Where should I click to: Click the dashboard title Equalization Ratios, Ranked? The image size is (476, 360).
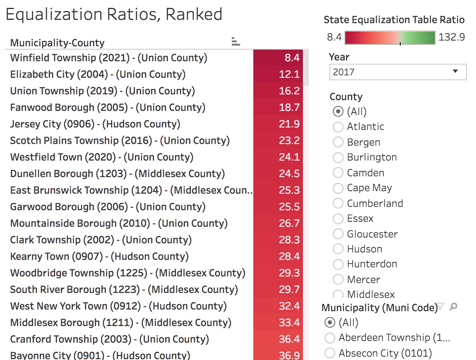(x=114, y=14)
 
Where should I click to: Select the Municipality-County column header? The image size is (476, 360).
(x=57, y=43)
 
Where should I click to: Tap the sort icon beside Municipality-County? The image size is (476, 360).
(x=236, y=41)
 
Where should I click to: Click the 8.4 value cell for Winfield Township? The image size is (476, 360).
(x=278, y=58)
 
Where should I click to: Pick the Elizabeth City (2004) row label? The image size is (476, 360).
(x=98, y=74)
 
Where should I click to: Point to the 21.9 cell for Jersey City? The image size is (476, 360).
(x=278, y=124)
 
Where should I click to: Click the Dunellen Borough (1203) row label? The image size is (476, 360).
(x=118, y=174)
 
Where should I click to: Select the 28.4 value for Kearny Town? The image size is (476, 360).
(x=278, y=257)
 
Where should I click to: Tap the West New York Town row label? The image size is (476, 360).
(x=118, y=306)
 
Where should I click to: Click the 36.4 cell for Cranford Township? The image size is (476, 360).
(x=278, y=339)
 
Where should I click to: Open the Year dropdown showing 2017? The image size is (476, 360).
(x=398, y=72)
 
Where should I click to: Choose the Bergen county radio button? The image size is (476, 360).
(x=338, y=142)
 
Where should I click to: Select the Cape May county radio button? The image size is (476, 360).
(x=338, y=188)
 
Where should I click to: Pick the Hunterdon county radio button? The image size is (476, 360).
(x=338, y=264)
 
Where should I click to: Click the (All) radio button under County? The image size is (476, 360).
(x=338, y=112)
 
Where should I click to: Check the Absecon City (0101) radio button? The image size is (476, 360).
(x=330, y=353)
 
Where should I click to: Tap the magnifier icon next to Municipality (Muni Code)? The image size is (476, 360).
(x=454, y=307)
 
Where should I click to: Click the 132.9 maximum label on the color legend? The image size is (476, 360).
(x=452, y=37)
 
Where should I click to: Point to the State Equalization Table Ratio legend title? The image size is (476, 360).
(x=394, y=20)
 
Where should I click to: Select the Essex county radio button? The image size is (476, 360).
(x=338, y=218)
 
